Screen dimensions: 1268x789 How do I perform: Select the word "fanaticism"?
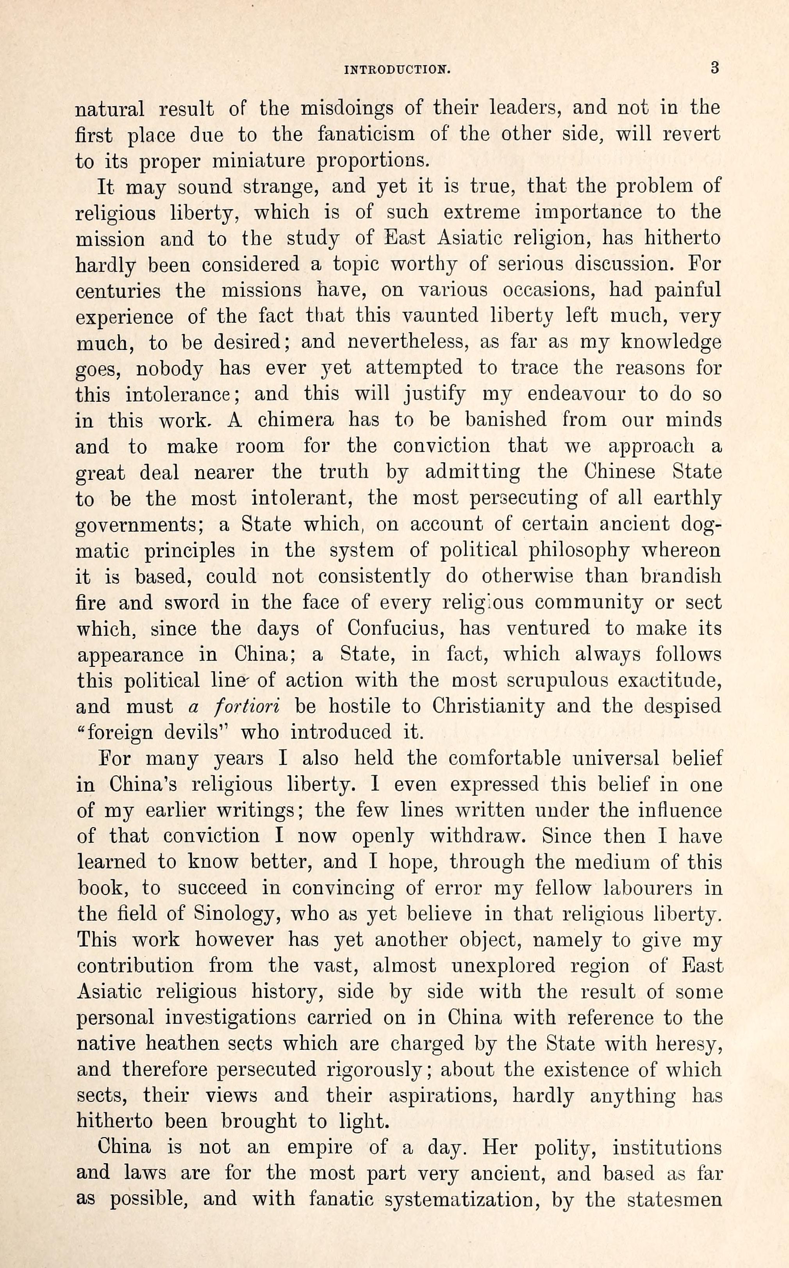pyautogui.click(x=366, y=135)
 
